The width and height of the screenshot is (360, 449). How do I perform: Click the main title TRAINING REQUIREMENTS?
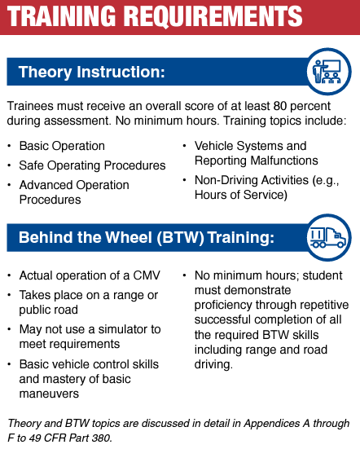[x=156, y=17]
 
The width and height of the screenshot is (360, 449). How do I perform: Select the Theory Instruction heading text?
[x=91, y=73]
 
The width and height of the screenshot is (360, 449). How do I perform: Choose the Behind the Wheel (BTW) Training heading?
[x=146, y=238]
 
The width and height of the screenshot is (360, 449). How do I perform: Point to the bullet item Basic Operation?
[x=62, y=146]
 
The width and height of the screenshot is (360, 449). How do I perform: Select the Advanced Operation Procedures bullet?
[x=74, y=192]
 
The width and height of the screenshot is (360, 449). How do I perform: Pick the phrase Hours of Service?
[x=239, y=195]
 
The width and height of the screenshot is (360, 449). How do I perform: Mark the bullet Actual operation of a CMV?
[x=86, y=275]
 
